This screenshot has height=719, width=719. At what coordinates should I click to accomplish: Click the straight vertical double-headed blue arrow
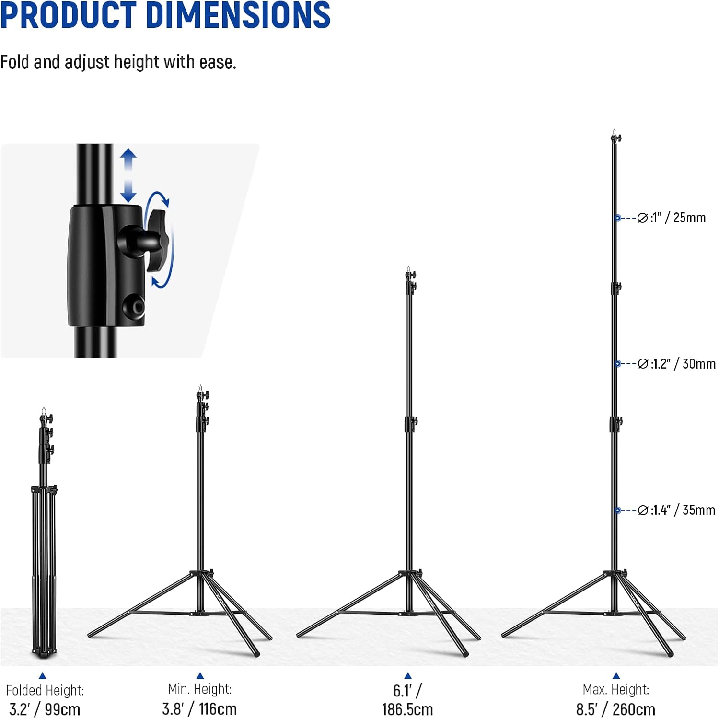pyautogui.click(x=128, y=175)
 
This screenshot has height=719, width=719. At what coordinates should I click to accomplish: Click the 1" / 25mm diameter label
pyautogui.click(x=678, y=218)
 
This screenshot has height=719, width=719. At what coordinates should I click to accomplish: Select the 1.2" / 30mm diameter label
pyautogui.click(x=683, y=364)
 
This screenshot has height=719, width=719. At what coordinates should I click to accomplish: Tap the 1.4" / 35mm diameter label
pyautogui.click(x=683, y=510)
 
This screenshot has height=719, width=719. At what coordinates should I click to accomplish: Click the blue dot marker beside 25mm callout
pyautogui.click(x=618, y=218)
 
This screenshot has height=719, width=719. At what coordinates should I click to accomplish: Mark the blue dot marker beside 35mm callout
pyautogui.click(x=618, y=510)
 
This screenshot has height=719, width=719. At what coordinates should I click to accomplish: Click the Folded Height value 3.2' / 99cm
pyautogui.click(x=45, y=709)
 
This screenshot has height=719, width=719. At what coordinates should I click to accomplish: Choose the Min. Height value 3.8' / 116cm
pyautogui.click(x=199, y=708)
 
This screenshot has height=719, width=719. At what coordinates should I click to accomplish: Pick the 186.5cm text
pyautogui.click(x=407, y=709)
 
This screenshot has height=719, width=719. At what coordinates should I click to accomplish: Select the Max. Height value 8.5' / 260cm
pyautogui.click(x=615, y=709)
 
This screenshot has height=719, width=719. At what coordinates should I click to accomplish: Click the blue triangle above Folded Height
pyautogui.click(x=42, y=675)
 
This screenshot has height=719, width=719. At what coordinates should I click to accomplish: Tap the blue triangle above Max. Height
pyautogui.click(x=616, y=675)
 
